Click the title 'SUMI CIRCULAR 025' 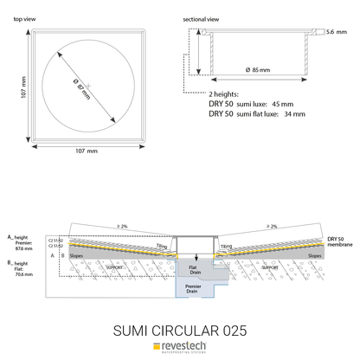180,330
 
